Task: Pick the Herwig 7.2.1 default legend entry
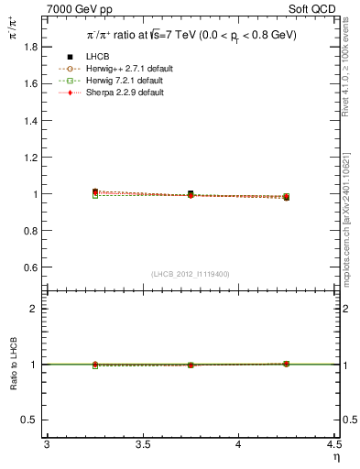[x=136, y=82]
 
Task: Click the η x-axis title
[x=335, y=456]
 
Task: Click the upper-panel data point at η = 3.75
[x=191, y=194]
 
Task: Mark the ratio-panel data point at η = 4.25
[x=286, y=364]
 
